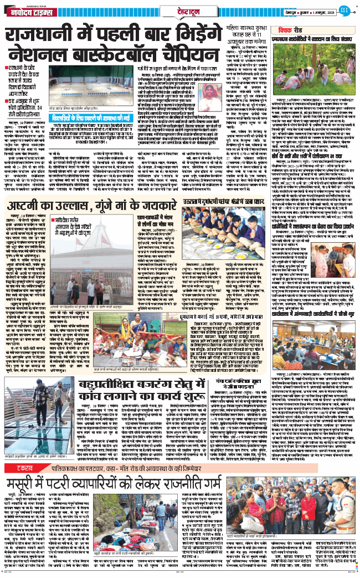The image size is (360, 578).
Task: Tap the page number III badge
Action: click(344, 8)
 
